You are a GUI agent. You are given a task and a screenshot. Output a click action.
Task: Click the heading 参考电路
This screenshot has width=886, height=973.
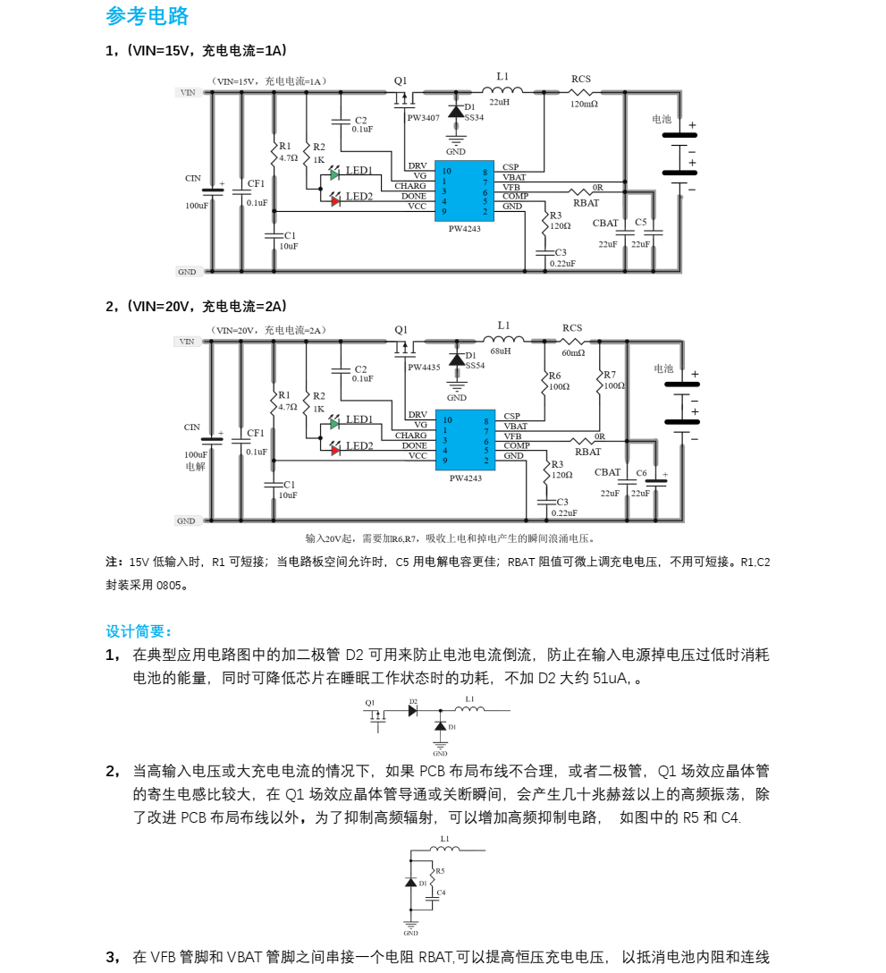pos(148,16)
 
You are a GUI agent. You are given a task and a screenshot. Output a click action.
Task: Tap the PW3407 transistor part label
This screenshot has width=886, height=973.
pos(424,117)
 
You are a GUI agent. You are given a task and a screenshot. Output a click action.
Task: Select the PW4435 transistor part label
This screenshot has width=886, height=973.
pos(424,367)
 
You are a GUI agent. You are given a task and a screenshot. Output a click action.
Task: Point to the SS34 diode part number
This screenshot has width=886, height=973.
pos(474,117)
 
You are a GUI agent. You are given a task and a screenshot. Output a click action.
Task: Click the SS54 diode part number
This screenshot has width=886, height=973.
pos(474,366)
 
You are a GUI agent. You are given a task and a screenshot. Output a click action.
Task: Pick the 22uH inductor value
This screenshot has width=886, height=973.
pos(499,103)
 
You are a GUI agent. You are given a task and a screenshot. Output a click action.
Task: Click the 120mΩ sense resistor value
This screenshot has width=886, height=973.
pos(584,104)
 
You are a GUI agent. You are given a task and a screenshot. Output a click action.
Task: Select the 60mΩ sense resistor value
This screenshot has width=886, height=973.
pos(573,352)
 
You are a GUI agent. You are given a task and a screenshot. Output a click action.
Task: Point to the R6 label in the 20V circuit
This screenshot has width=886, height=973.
pos(555,377)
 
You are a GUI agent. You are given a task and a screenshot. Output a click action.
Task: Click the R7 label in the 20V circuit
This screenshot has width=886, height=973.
pos(610,375)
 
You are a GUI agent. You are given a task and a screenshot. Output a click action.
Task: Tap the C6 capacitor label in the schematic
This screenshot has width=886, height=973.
pos(641,472)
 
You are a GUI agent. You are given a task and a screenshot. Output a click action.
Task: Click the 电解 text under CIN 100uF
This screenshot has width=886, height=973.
pos(195,466)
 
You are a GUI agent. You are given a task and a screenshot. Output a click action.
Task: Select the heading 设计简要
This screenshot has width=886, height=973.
pos(139,631)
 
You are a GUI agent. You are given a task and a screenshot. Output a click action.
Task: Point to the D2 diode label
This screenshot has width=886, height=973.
pos(413,702)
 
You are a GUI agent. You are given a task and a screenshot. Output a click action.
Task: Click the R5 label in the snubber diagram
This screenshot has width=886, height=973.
pos(439,870)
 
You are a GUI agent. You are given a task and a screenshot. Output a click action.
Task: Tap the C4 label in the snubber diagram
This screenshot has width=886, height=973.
pos(441,893)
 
